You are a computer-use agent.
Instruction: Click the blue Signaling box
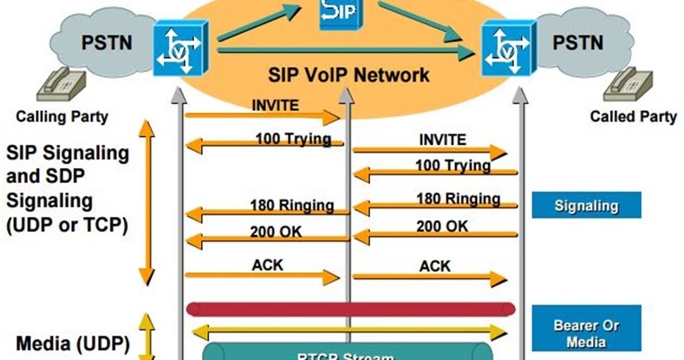(x=586, y=205)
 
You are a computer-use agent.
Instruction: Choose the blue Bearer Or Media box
(x=586, y=332)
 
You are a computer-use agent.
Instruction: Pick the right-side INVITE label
(x=442, y=139)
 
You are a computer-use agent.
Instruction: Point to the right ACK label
(x=435, y=266)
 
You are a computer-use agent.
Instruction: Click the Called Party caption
(x=633, y=116)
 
